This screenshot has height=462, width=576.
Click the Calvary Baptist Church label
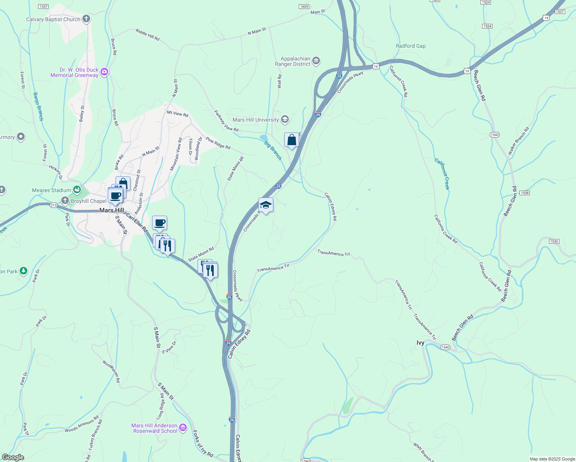[53, 19]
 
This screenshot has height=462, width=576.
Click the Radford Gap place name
[411, 46]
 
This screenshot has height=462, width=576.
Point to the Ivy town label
[420, 343]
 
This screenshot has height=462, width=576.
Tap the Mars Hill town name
[112, 210]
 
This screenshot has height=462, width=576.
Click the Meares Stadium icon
[77, 190]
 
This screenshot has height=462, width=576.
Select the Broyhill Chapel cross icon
[65, 201]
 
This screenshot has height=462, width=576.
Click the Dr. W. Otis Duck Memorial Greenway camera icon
[104, 72]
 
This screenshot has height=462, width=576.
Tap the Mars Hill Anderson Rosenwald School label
[154, 428]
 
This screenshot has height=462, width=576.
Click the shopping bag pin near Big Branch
[291, 140]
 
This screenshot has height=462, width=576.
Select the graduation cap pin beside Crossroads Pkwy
[266, 205]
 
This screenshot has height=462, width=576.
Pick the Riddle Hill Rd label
[147, 35]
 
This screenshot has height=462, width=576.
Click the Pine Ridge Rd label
[218, 143]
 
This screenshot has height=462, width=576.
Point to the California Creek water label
[442, 174]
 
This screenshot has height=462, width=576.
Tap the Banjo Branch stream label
[38, 106]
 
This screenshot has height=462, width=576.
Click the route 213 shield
[54, 205]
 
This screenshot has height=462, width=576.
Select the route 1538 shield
[524, 192]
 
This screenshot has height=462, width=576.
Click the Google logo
[13, 457]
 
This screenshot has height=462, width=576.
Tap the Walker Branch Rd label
[518, 141]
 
